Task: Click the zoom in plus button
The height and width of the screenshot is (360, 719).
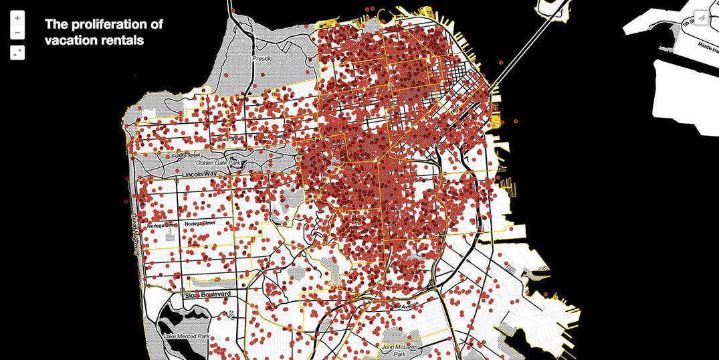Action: [x=17, y=19]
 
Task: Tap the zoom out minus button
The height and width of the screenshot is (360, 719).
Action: [x=17, y=32]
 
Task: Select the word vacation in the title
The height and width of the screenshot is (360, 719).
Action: [x=68, y=40]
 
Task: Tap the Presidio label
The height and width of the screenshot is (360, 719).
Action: [x=262, y=58]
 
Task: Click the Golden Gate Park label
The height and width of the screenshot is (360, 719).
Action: [x=217, y=163]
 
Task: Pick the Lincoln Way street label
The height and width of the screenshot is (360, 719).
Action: [x=202, y=175]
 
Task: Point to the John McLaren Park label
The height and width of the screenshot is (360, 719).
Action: [x=398, y=348]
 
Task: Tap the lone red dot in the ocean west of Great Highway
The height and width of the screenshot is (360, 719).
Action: [x=126, y=200]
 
